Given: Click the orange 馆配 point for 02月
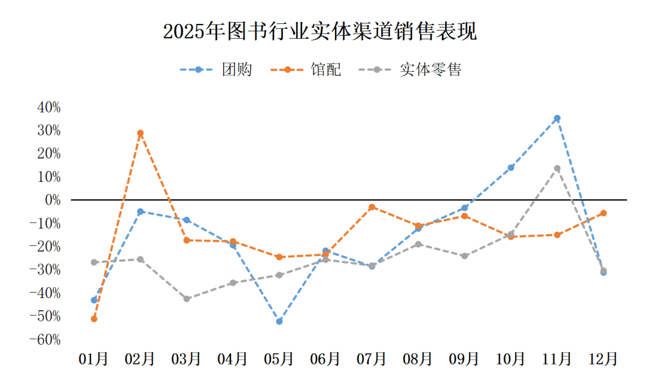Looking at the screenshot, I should (140, 133).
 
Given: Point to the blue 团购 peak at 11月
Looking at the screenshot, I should (557, 118).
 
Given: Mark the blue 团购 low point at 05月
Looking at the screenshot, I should (279, 321).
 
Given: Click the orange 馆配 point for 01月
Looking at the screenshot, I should (94, 318).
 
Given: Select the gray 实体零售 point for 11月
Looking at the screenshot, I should (557, 168).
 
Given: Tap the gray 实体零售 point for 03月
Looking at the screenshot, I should (187, 299).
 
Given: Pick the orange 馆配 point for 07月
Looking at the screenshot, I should (372, 207).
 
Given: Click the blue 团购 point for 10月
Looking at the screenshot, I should (511, 167).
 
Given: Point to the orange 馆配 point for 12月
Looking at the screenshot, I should (603, 213).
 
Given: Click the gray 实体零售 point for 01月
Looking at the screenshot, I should (94, 262).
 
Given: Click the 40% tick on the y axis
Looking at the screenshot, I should (49, 107).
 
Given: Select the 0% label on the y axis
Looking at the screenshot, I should (53, 200).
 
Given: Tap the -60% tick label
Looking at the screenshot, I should (47, 340).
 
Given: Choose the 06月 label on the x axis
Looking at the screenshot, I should (325, 359).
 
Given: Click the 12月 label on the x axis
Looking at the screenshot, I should (603, 359).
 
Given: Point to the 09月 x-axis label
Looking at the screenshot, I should (464, 359).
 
